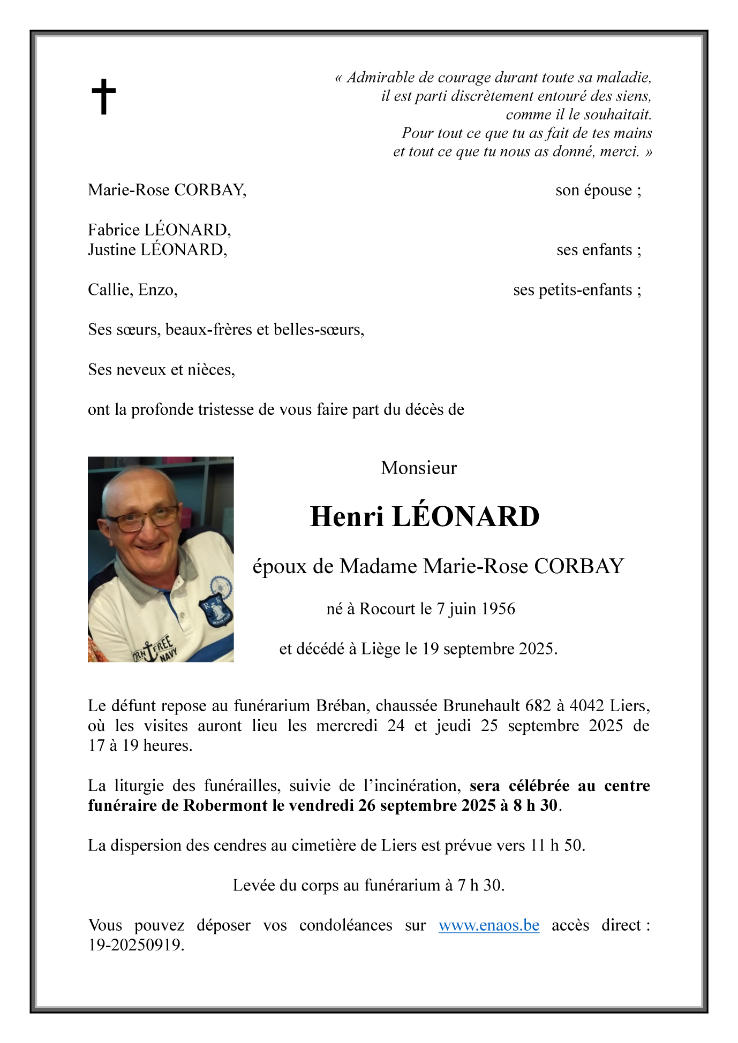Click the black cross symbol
pos(103,97)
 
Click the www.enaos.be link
pos(488,925)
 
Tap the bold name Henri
pos(347,517)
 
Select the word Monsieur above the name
pos(418,468)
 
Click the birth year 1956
pos(498,609)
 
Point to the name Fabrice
pos(114,230)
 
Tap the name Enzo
pos(156,290)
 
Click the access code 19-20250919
pos(135,946)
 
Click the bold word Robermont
pos(225,805)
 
